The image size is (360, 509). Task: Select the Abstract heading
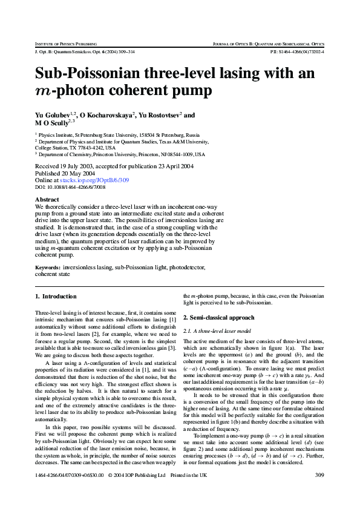pyautogui.click(x=47, y=199)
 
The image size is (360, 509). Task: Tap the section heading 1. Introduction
pyautogui.click(x=56, y=297)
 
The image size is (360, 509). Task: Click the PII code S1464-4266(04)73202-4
pyautogui.click(x=302, y=52)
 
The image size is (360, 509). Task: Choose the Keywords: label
pyautogui.click(x=48, y=267)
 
